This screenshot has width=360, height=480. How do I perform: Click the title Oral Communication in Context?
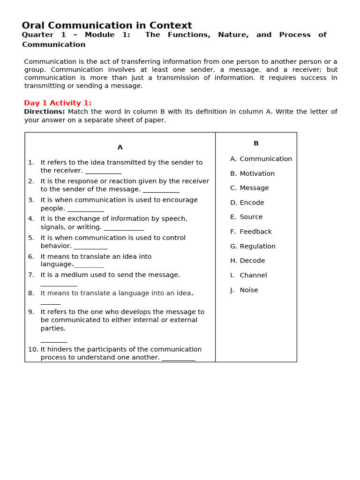[x=107, y=26]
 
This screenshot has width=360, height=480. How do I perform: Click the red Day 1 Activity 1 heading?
[x=58, y=103]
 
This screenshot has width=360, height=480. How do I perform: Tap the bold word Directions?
[x=44, y=112]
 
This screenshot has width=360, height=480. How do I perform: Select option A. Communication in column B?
[x=261, y=159]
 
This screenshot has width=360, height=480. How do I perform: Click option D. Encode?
[x=247, y=202]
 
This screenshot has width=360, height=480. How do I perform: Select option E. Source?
[x=246, y=217]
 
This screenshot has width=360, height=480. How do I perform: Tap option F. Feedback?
[x=251, y=232]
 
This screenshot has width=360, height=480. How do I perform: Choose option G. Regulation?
[x=253, y=246]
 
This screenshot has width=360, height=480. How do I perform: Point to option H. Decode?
[x=247, y=261]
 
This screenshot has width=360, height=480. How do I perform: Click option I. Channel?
[x=248, y=275]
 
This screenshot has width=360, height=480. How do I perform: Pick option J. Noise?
[x=244, y=290]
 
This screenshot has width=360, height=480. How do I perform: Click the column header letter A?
[x=120, y=147]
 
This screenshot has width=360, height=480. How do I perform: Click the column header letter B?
[x=256, y=143]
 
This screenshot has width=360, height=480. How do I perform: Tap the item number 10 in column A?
[x=33, y=349]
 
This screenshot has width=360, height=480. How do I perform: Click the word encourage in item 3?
[x=180, y=200]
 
